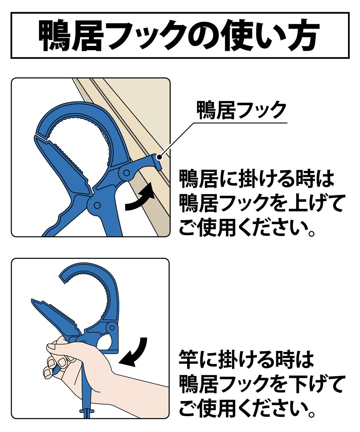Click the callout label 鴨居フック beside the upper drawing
242,110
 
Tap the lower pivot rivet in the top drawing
97,205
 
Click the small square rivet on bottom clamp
113,328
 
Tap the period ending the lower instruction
311,414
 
